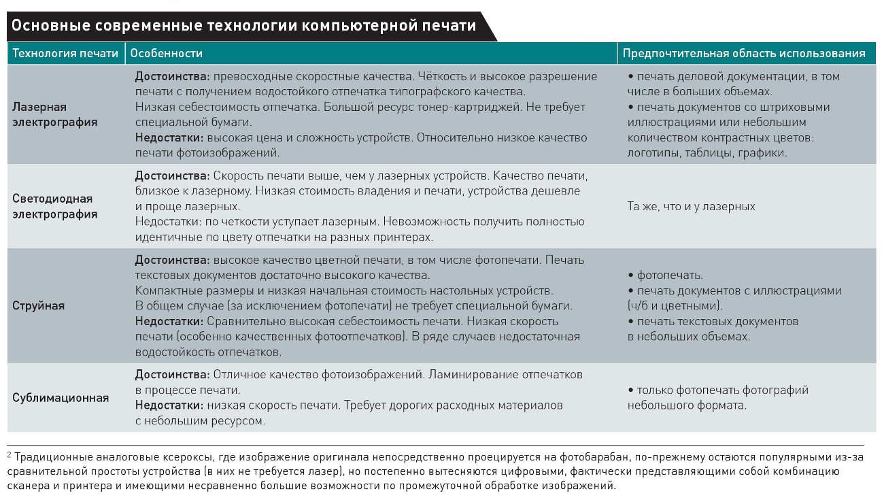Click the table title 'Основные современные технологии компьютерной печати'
243,27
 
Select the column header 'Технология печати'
66,53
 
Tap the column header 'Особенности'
166,53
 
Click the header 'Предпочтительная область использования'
744,53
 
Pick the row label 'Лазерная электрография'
55,115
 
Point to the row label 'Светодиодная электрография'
55,207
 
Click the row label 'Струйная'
38,305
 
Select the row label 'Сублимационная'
61,398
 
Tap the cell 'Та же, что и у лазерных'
691,206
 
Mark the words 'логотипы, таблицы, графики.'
707,153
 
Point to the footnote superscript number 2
10,453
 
